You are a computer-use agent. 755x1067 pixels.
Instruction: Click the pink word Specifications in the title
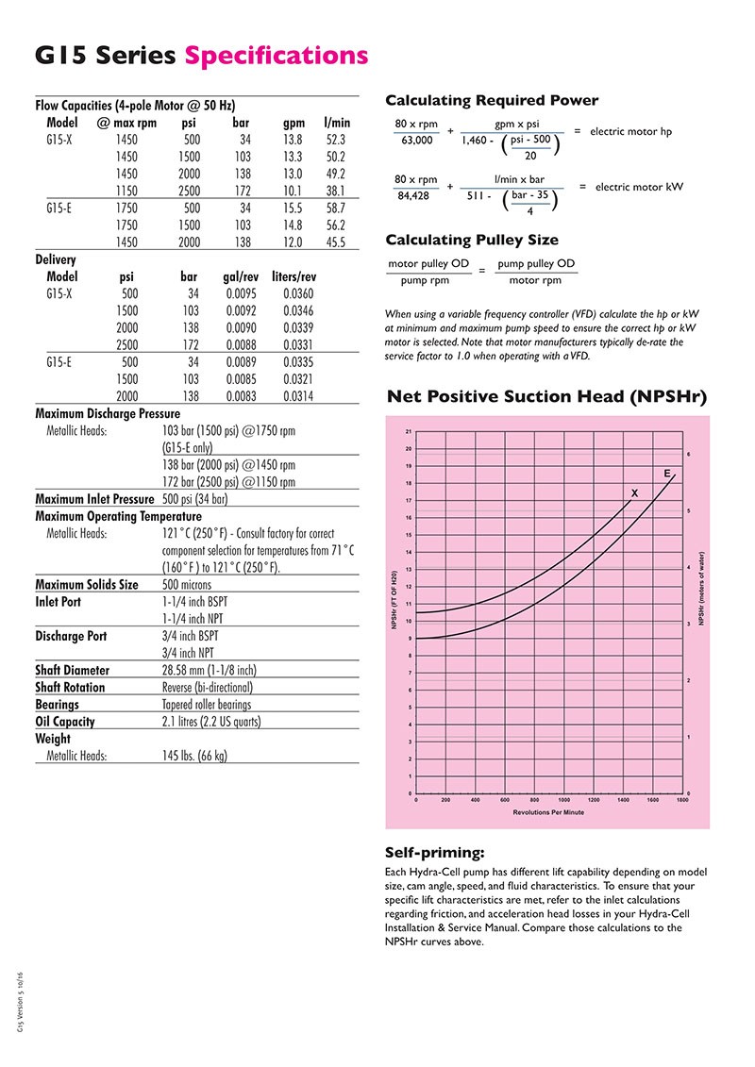(277, 56)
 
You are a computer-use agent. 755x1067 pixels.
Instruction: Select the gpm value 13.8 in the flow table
(293, 139)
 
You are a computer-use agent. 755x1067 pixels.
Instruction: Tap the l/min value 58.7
(336, 208)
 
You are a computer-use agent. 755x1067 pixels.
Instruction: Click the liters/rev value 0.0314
(298, 396)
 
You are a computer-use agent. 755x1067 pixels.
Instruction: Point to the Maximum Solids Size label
(87, 584)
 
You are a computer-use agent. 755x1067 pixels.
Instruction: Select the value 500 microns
(195, 585)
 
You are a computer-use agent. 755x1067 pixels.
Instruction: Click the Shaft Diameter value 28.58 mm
(209, 670)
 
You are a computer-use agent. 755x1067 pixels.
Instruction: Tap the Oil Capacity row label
(65, 721)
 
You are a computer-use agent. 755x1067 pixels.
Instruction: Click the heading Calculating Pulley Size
(472, 240)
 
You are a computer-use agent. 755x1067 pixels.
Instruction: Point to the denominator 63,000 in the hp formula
(416, 141)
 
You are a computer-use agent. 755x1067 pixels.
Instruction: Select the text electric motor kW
(639, 187)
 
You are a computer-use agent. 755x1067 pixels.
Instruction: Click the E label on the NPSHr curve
(667, 472)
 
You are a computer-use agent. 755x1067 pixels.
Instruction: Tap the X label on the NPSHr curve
(634, 493)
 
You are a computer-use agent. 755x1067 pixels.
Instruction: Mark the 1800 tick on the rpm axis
(682, 800)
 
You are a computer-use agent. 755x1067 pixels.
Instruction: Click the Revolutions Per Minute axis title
(548, 811)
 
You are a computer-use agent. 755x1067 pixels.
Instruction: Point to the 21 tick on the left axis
(408, 431)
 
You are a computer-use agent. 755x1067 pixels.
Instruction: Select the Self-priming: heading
(436, 852)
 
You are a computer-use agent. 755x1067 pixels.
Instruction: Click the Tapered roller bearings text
(207, 704)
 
